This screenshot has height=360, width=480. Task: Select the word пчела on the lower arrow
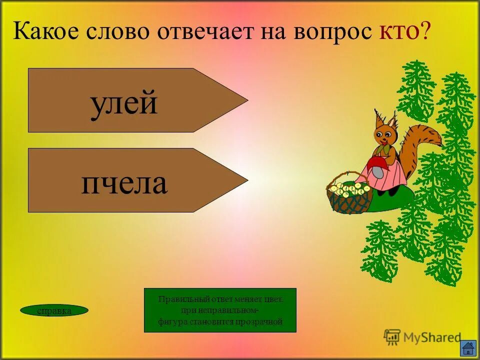tap(124, 183)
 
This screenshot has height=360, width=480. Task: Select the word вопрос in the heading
tap(337, 32)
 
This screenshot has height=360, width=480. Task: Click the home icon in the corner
tap(467, 348)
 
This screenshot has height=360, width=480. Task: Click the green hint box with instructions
tap(220, 310)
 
